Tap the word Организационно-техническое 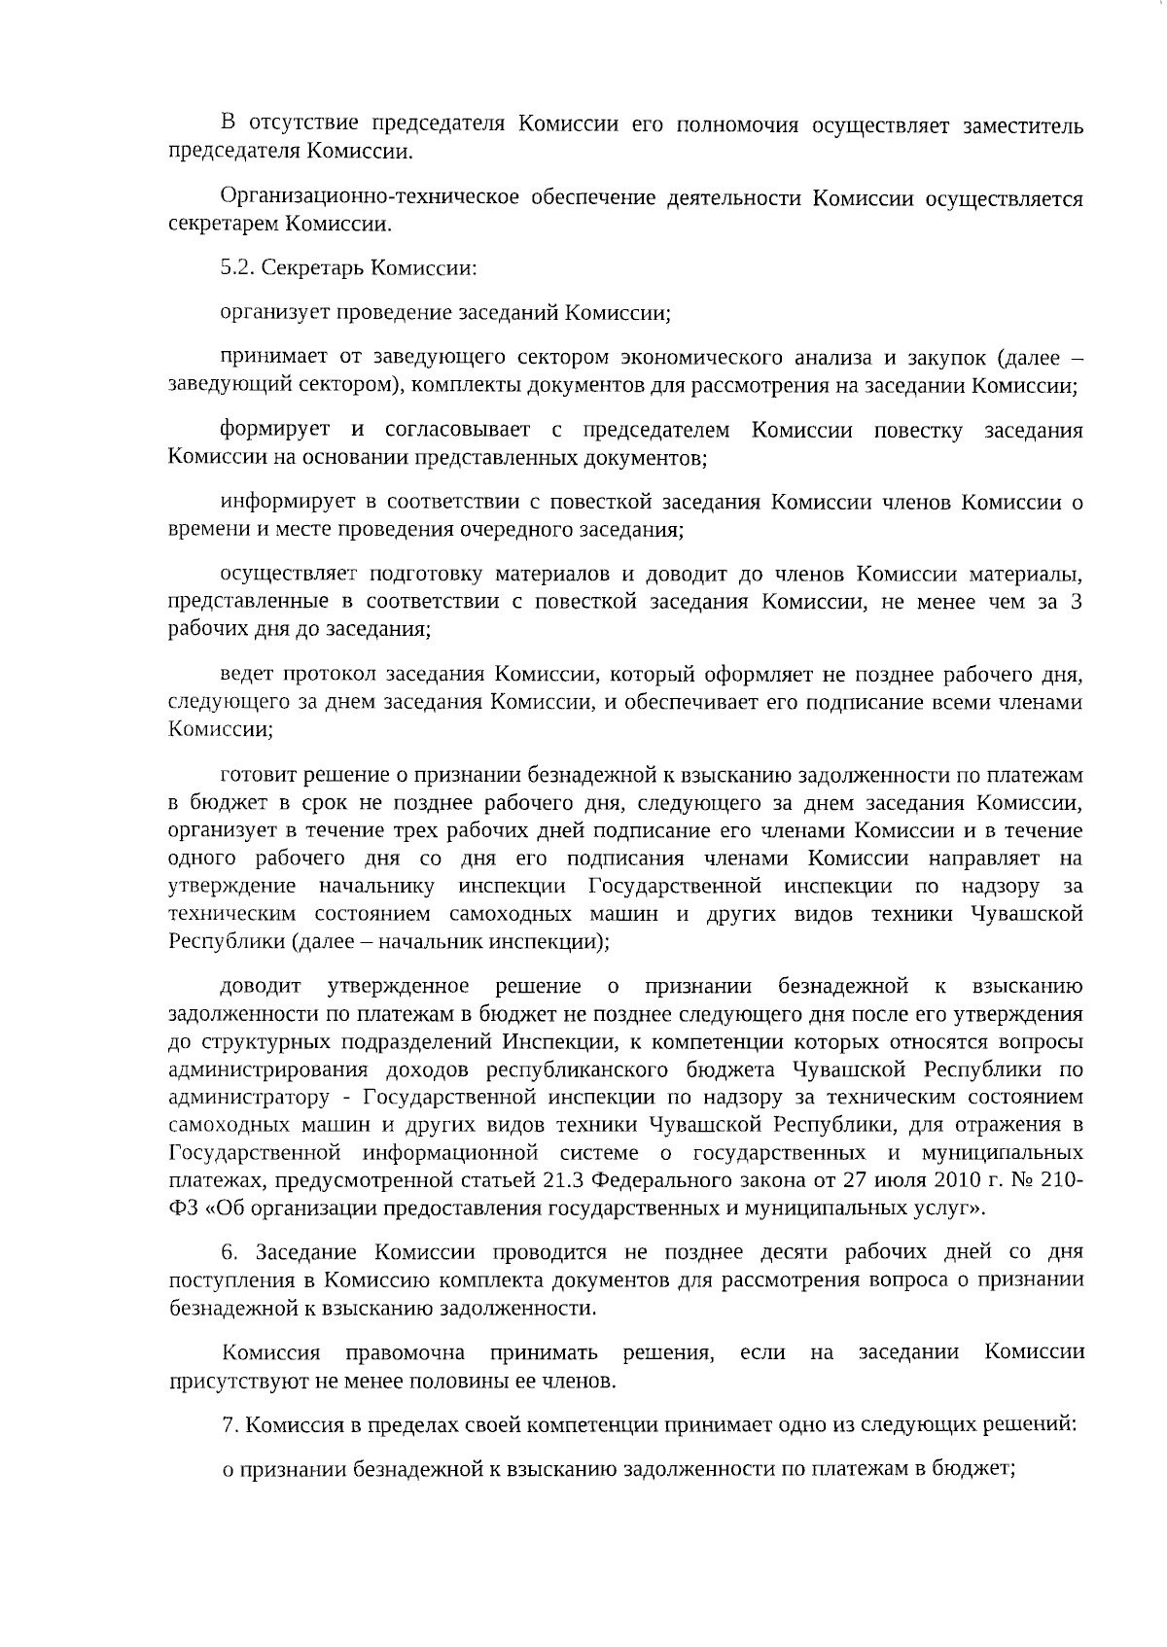pyautogui.click(x=369, y=198)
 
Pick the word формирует pyautogui.click(x=274, y=430)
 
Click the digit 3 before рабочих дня pyautogui.click(x=1076, y=603)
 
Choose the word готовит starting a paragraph pyautogui.click(x=254, y=775)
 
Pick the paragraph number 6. pyautogui.click(x=230, y=1251)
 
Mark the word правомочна pyautogui.click(x=406, y=1352)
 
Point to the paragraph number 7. pyautogui.click(x=230, y=1425)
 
